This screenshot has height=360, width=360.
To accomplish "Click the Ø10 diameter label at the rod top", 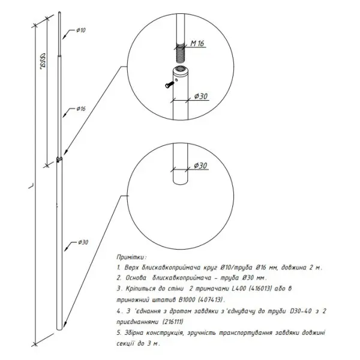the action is click(x=81, y=30).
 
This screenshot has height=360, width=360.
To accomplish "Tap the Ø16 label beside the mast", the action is click(x=81, y=109).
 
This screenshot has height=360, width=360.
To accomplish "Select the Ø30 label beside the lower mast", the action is click(x=83, y=242).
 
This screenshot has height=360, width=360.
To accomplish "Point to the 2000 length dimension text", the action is click(x=43, y=61).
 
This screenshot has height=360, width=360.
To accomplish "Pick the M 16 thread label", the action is click(x=197, y=43).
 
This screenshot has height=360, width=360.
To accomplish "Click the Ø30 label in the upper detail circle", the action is click(x=201, y=96).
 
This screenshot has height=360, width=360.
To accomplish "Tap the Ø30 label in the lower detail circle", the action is click(x=200, y=166).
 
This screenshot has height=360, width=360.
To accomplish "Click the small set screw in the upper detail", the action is click(x=169, y=85).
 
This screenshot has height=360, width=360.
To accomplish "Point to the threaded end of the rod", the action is click(x=181, y=53).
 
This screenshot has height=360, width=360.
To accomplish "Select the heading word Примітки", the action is click(x=131, y=257).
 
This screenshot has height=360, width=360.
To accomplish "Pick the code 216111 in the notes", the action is click(x=173, y=322).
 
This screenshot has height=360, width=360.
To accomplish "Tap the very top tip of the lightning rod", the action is click(x=59, y=12).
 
